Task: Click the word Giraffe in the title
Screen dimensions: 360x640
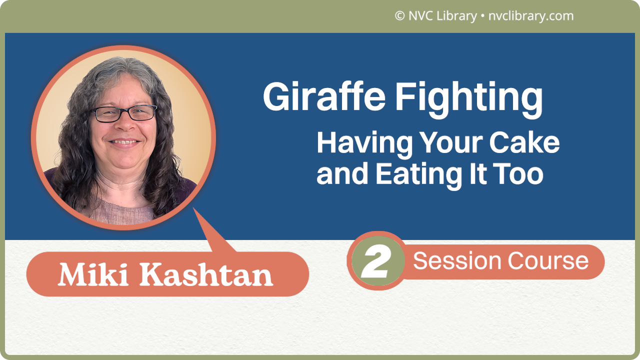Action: [x=324, y=97]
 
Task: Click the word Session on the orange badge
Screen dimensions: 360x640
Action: [x=457, y=261]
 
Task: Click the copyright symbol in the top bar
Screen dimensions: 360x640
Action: [x=399, y=16]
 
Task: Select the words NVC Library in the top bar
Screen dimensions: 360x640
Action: [x=442, y=16]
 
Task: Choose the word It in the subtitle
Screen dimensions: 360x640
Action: [x=477, y=174]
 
